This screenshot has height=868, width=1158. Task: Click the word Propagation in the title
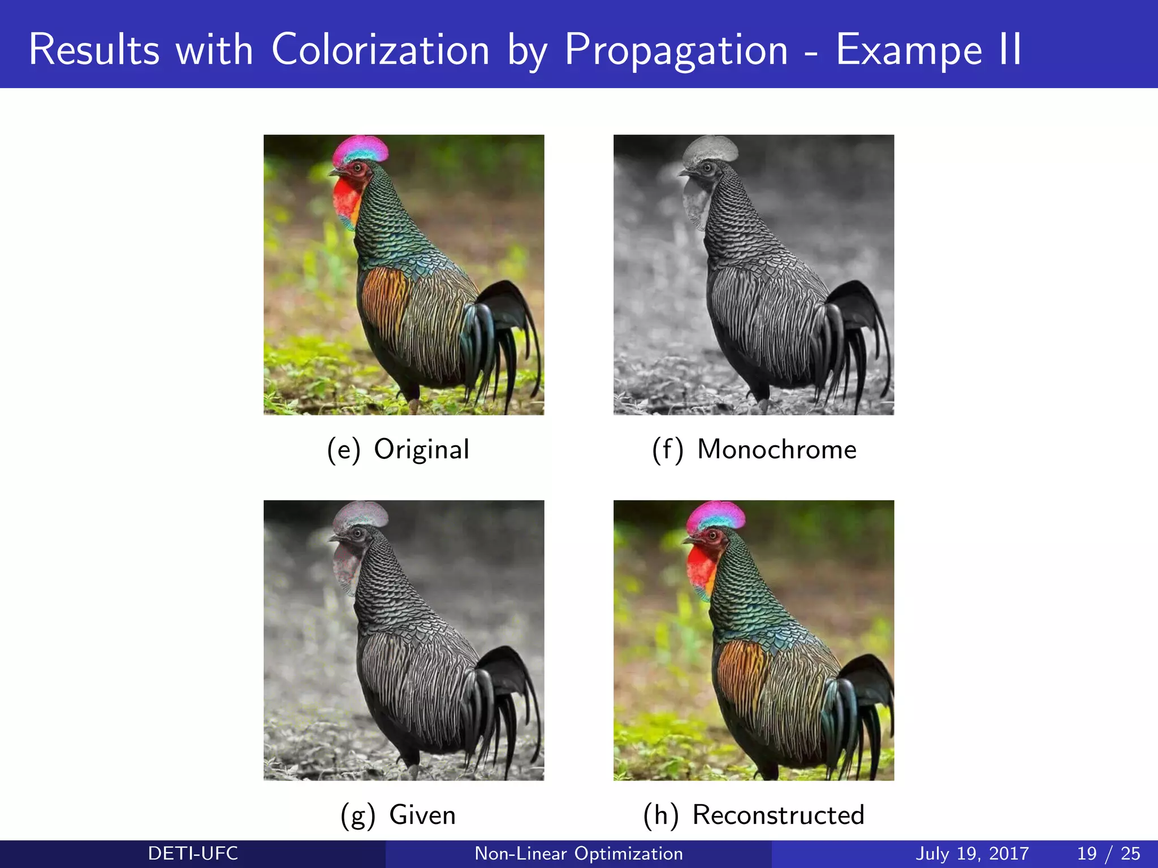click(x=676, y=50)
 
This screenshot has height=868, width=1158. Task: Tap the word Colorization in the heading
click(x=380, y=50)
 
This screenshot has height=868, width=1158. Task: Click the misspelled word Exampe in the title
click(x=909, y=50)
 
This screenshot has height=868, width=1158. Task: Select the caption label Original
click(x=421, y=450)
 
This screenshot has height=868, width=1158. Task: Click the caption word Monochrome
click(x=777, y=450)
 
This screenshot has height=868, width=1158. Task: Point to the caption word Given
click(x=422, y=815)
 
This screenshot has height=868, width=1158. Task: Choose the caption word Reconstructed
click(x=778, y=815)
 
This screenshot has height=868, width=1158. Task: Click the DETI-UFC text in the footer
click(x=193, y=853)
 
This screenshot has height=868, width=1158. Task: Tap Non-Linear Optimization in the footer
click(x=578, y=853)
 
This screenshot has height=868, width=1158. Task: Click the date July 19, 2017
click(x=972, y=853)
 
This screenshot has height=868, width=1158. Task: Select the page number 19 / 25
click(x=1108, y=853)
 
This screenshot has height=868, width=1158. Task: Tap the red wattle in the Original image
click(x=346, y=201)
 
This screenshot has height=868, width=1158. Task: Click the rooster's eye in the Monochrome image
click(x=707, y=167)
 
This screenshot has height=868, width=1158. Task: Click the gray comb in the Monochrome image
click(x=710, y=148)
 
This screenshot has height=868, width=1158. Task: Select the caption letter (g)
click(x=357, y=815)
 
